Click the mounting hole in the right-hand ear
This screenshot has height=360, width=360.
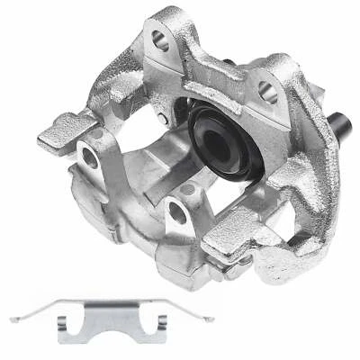click(x=265, y=89)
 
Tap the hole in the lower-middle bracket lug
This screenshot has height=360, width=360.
click(x=177, y=213)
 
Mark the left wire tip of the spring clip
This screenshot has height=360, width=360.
click(x=13, y=319)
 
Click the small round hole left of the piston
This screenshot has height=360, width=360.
click(x=162, y=118)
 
